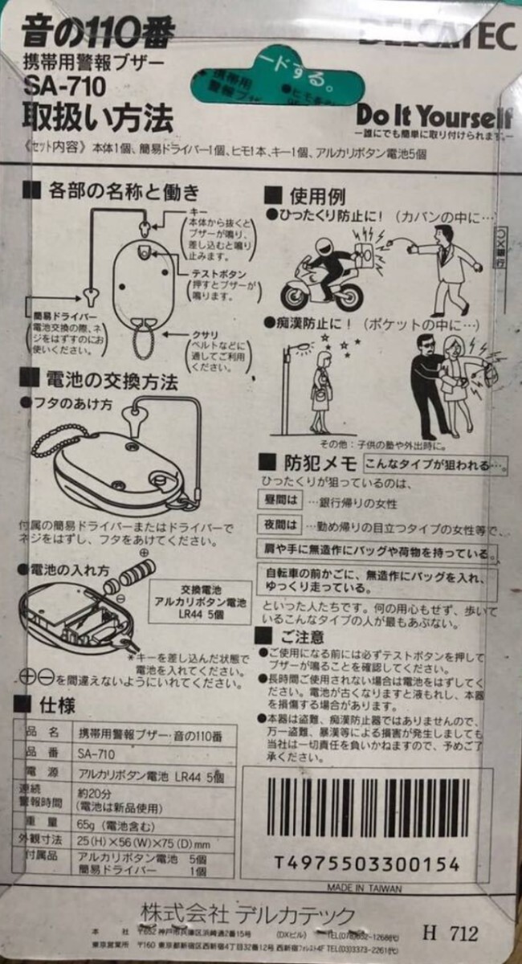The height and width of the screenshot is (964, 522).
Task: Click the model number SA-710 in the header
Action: point(54,88)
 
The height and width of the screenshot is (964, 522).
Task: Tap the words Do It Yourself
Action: point(434,115)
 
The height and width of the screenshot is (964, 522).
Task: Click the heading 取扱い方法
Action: point(97,120)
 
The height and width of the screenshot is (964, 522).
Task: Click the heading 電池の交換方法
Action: point(112,381)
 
